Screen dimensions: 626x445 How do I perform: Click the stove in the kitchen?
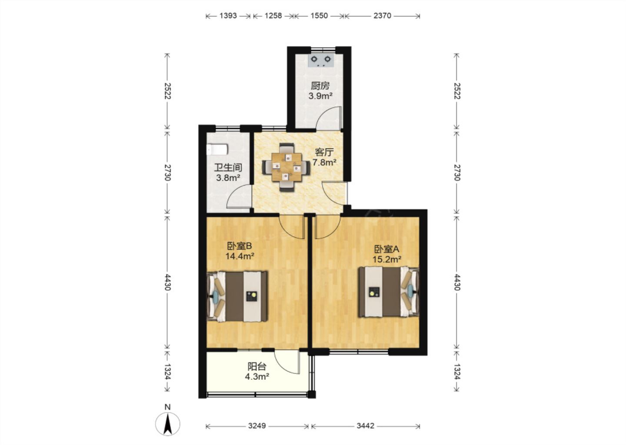[x=321, y=60]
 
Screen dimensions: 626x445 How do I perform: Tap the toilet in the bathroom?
[x=217, y=149]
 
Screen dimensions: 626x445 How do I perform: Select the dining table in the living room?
[x=286, y=167]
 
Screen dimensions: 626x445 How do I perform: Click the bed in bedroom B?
[x=237, y=296]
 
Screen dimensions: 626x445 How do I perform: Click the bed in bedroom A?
[x=389, y=292]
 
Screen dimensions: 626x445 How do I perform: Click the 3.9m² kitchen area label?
[x=320, y=96]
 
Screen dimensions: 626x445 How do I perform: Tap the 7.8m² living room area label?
[x=324, y=162]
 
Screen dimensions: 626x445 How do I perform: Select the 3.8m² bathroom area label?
[x=228, y=178]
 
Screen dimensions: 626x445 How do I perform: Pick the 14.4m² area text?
[x=240, y=256]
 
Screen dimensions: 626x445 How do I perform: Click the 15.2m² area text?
[x=387, y=259]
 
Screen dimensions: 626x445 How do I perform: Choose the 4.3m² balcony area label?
[x=257, y=377]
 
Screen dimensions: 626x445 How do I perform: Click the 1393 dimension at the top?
[x=228, y=16]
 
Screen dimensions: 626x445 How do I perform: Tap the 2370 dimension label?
[x=382, y=16]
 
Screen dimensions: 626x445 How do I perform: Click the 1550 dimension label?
[x=319, y=16]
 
